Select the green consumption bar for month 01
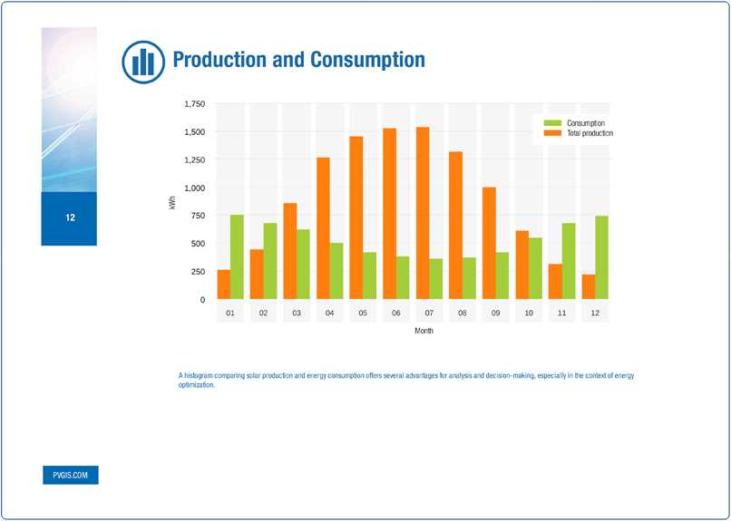pyautogui.click(x=237, y=257)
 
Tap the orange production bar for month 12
pyautogui.click(x=588, y=286)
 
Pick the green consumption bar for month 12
pyautogui.click(x=601, y=257)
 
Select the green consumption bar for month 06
pyautogui.click(x=403, y=277)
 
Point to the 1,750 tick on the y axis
pyautogui.click(x=195, y=104)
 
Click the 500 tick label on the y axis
pyautogui.click(x=198, y=244)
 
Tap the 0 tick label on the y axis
pyautogui.click(x=203, y=299)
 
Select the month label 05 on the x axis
pyautogui.click(x=363, y=314)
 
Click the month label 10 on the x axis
pyautogui.click(x=529, y=314)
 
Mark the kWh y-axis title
pyautogui.click(x=173, y=202)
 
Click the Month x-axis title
pyautogui.click(x=424, y=331)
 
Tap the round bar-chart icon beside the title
pyautogui.click(x=143, y=61)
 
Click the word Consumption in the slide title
pyautogui.click(x=367, y=60)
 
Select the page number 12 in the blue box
pyautogui.click(x=70, y=218)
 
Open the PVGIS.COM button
pyautogui.click(x=71, y=475)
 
